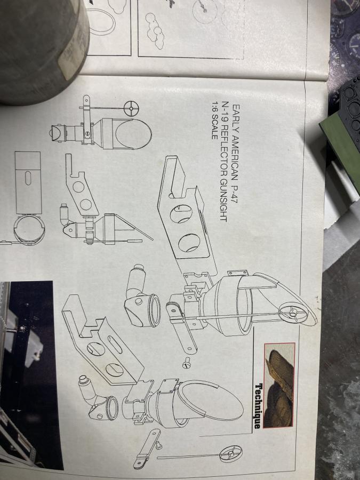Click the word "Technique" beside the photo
click(258, 406)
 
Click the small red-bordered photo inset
click(279, 385)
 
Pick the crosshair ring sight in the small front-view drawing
click(131, 108)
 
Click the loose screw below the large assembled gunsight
click(187, 363)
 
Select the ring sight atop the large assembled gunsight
click(293, 313)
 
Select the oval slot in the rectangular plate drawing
click(28, 178)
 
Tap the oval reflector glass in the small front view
click(133, 134)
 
